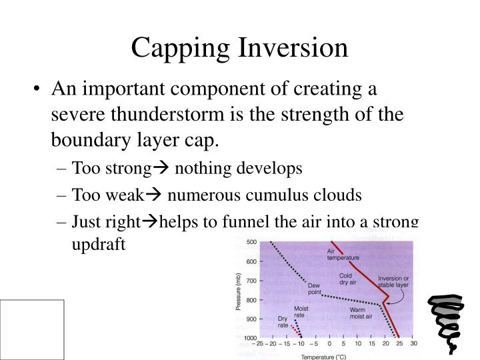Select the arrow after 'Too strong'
pos(165,168)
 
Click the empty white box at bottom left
pos(32,329)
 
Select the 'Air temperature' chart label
pos(343,254)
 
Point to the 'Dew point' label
pos(315,289)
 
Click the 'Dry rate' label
pos(283,322)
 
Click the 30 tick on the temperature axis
pos(414,344)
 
